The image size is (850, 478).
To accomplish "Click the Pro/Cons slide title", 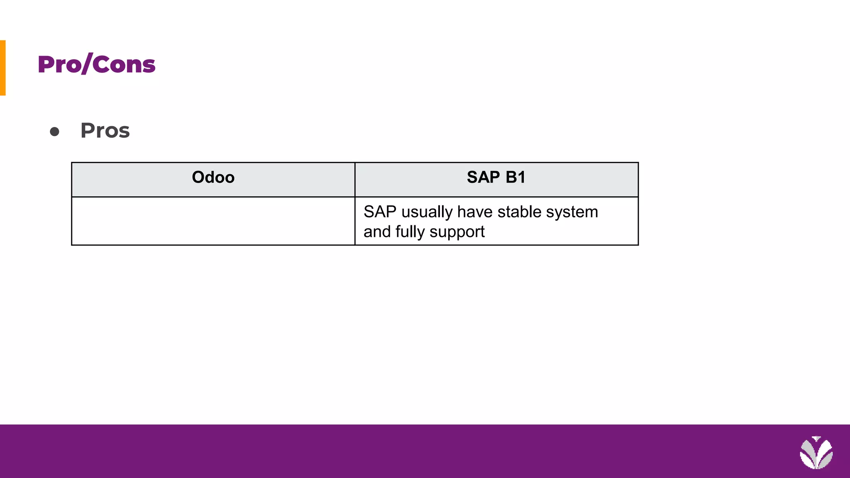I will click(96, 65).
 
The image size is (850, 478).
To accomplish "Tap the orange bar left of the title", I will click(2, 68).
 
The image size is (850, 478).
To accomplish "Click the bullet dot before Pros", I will click(54, 132).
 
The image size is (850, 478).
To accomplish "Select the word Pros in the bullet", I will click(105, 131).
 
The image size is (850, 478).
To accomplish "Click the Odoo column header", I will click(213, 178).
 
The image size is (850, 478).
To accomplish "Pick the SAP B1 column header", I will click(496, 178).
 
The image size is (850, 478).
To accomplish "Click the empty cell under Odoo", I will click(213, 221).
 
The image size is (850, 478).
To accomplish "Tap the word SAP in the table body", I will click(380, 212).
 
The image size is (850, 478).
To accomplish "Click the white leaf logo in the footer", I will click(816, 453).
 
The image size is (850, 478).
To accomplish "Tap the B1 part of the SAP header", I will click(515, 178).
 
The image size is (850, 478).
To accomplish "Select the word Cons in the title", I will click(124, 65).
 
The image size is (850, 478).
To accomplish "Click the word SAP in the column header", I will click(483, 178).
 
